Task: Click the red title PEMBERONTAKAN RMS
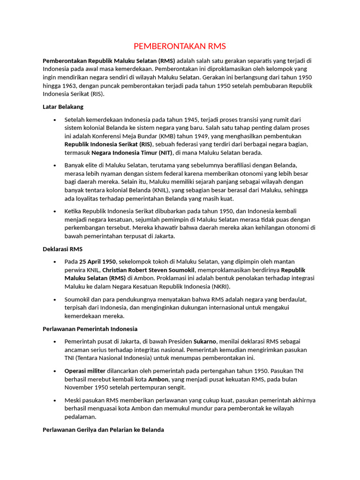[x=180, y=46]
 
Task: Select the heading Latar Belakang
[x=63, y=107]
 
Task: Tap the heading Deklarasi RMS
[x=62, y=249]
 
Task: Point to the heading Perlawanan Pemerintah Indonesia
[x=90, y=329]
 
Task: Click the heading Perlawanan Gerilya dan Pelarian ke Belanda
[x=103, y=429]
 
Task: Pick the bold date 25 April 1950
[x=97, y=262]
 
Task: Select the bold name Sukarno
[x=205, y=341]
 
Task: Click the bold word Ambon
[x=158, y=379]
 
